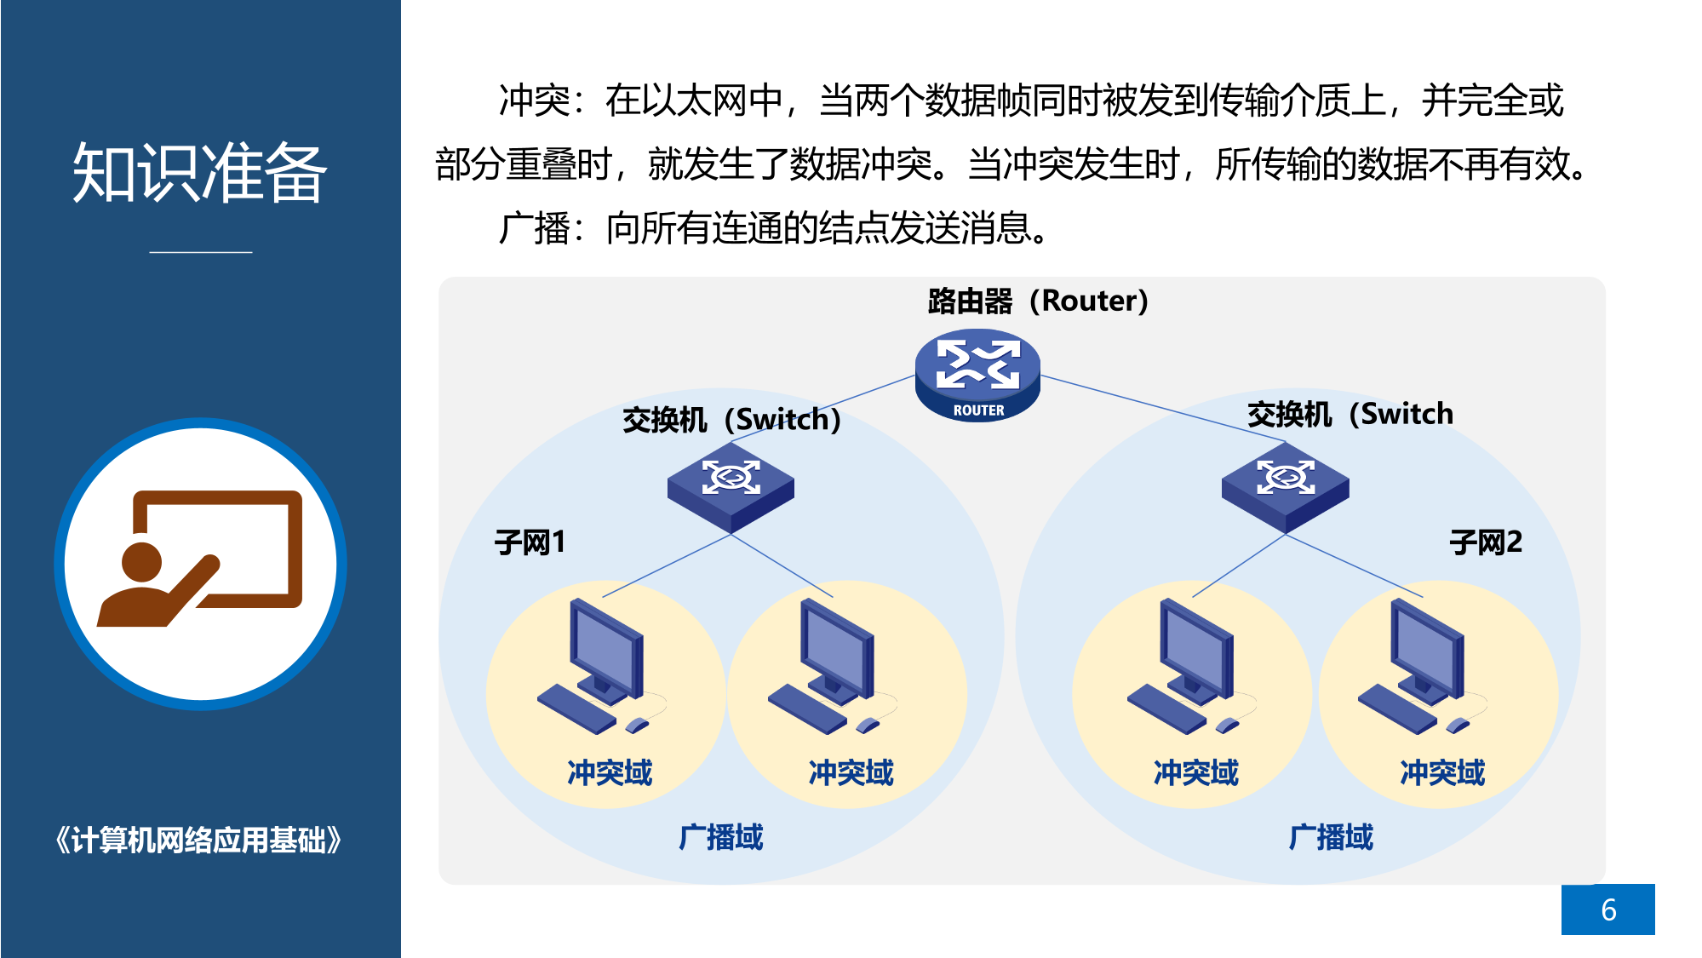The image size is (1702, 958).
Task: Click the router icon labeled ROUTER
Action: click(977, 376)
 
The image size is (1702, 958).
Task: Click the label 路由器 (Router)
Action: click(1038, 301)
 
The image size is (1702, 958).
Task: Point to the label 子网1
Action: click(530, 542)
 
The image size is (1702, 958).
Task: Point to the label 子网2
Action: click(1486, 542)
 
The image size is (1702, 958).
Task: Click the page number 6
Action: click(1607, 909)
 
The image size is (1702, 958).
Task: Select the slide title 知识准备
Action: click(200, 173)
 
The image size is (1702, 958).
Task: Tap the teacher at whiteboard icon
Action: click(200, 563)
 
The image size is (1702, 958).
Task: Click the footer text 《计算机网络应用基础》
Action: click(199, 840)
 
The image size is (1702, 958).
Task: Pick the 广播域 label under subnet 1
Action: click(720, 837)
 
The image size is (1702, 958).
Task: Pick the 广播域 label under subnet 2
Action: click(1330, 837)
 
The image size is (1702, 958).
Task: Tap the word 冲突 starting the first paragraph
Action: click(534, 100)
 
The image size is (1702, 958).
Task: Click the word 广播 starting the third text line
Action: click(534, 228)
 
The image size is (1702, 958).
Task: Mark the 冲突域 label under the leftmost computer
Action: click(610, 772)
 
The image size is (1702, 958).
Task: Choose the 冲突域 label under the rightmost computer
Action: click(1441, 772)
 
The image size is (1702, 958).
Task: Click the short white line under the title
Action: click(201, 252)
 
